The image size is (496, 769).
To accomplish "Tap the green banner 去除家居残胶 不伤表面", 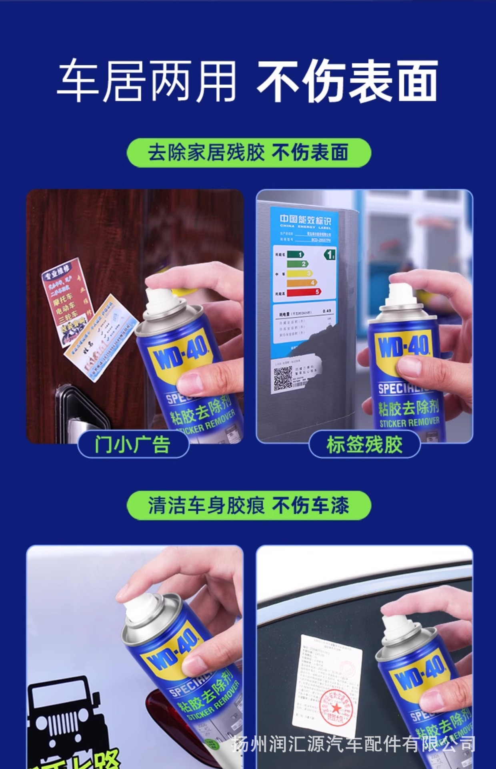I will coord(248,153).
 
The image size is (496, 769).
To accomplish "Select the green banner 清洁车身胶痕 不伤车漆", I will coord(248,505).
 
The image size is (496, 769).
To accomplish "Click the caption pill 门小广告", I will coord(133,444).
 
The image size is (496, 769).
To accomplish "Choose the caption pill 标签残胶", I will coord(364,444).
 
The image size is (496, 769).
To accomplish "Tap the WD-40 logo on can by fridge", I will coord(404,347).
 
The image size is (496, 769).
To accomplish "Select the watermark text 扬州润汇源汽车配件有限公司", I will coord(354,745).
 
